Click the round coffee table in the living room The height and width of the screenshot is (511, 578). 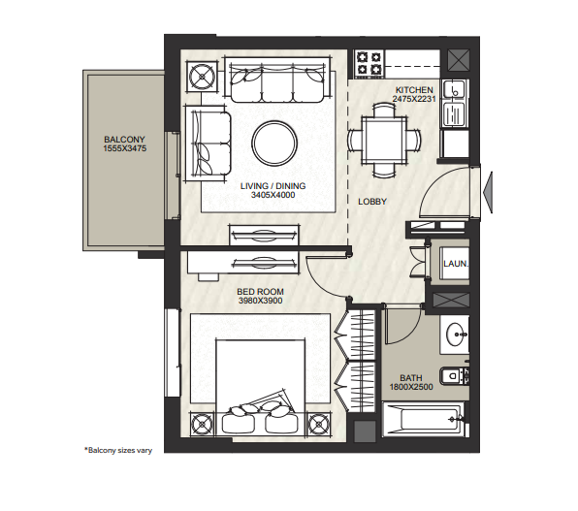click(x=274, y=144)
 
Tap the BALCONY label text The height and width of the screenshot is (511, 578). click(x=124, y=140)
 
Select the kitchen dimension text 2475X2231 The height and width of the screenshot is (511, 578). click(x=414, y=99)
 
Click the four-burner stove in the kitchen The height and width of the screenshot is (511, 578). click(x=369, y=63)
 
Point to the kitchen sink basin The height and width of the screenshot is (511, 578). click(x=454, y=89)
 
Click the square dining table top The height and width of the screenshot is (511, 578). click(x=384, y=140)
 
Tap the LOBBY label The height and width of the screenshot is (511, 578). click(x=372, y=202)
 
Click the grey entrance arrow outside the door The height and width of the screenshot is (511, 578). click(x=487, y=192)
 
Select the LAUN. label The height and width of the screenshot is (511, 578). click(x=456, y=264)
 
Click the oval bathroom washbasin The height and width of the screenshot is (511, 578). click(x=456, y=335)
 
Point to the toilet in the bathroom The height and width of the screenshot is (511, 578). click(x=454, y=376)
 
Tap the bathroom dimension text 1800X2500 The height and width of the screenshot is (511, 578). click(x=411, y=387)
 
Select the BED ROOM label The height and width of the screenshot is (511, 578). click(x=260, y=292)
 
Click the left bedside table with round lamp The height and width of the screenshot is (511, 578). click(x=202, y=424)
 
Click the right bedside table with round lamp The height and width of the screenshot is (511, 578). click(x=318, y=424)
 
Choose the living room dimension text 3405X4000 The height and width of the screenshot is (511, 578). click(x=273, y=195)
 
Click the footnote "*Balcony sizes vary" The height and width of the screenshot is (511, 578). click(x=118, y=450)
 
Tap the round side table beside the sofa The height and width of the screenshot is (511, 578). click(x=202, y=77)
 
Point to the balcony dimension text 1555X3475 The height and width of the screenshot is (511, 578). click(x=124, y=148)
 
